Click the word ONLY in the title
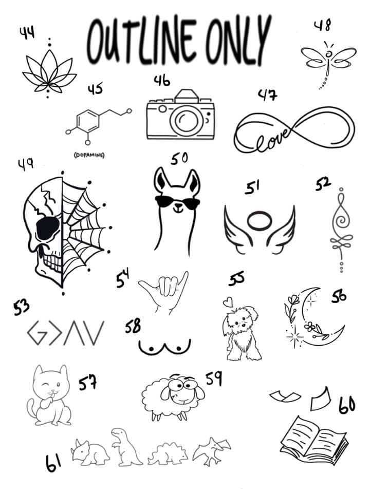point(238,40)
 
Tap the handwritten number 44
point(27,33)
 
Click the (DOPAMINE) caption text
point(89,155)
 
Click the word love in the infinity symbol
point(271,139)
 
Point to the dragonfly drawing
point(328,63)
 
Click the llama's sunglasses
point(177,202)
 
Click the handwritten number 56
point(339,296)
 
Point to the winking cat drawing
point(50,395)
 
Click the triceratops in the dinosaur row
point(90,452)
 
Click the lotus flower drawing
point(49,73)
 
